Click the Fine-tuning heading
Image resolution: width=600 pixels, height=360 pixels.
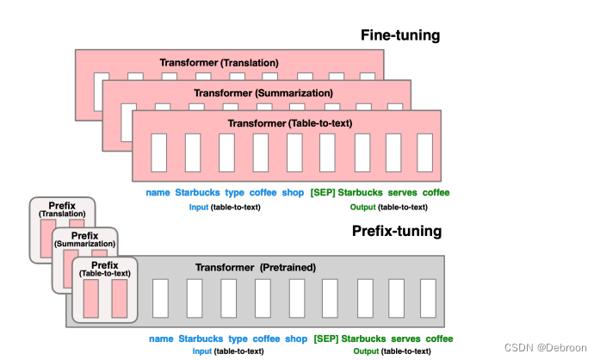[400, 36]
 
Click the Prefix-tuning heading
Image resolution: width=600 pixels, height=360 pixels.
[397, 231]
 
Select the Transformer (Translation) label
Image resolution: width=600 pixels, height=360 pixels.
[219, 63]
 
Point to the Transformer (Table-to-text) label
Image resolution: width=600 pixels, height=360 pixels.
[289, 124]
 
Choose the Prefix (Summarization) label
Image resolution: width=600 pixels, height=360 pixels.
[84, 239]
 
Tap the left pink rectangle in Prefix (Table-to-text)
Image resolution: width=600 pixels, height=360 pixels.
[91, 297]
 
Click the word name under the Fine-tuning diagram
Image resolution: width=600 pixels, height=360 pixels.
[158, 193]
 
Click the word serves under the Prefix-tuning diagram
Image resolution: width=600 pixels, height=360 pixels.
[405, 338]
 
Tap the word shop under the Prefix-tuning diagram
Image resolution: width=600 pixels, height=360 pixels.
[295, 338]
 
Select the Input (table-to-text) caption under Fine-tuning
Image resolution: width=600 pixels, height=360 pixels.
[224, 207]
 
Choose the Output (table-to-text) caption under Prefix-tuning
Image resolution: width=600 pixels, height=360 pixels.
[390, 351]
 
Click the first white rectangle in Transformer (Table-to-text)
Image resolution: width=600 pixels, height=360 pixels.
[158, 152]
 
